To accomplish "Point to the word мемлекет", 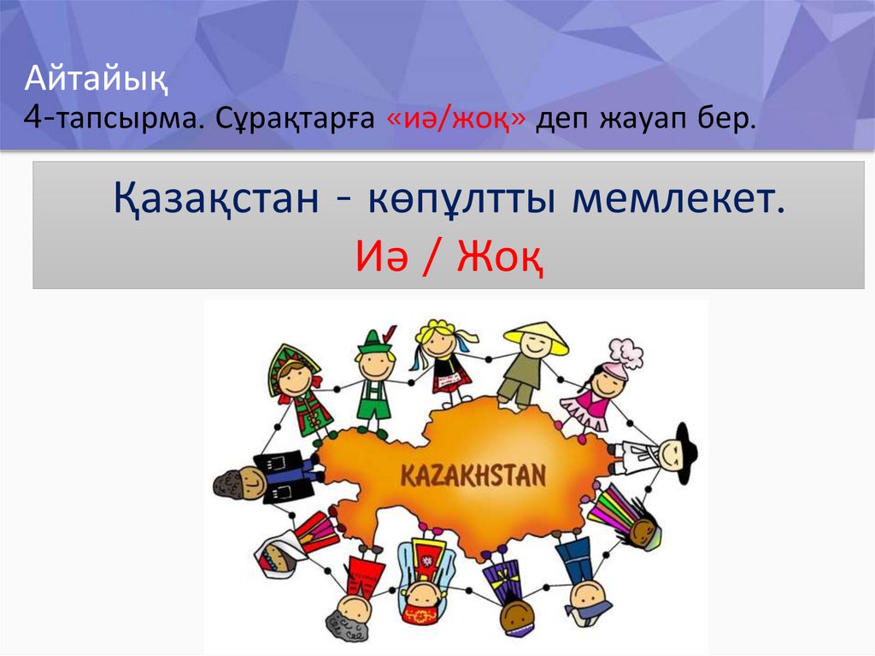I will [678, 201].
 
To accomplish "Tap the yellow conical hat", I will [536, 335].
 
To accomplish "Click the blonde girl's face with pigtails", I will [439, 343].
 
